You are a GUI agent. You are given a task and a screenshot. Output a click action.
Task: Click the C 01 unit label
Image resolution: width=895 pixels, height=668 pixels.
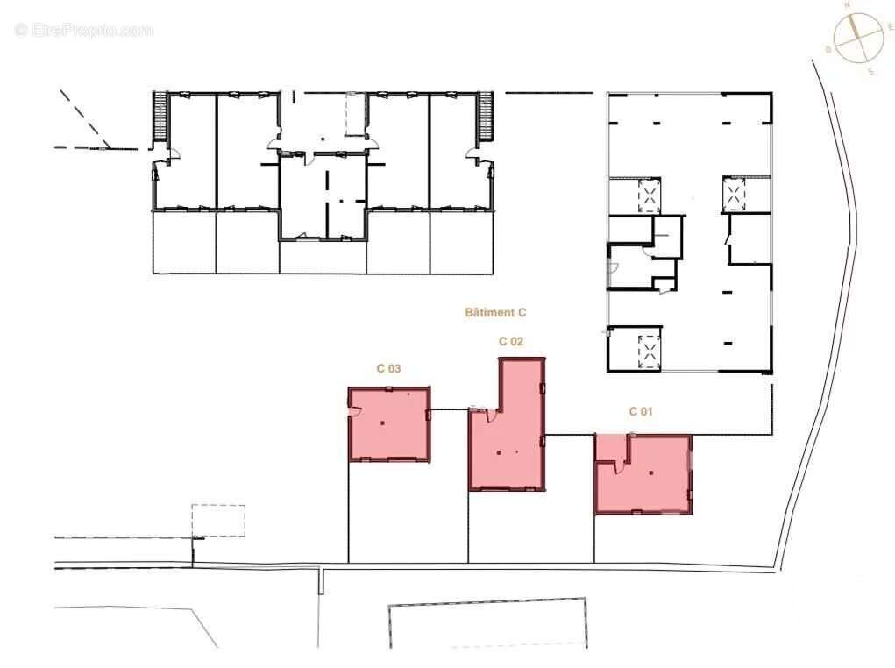tap(641, 411)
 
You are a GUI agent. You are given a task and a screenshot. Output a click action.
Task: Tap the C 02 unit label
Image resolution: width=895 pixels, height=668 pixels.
tap(511, 341)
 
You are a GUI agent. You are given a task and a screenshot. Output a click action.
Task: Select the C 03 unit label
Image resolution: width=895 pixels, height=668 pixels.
tap(388, 369)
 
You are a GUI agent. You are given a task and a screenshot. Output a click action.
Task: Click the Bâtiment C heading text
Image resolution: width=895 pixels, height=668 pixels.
tap(495, 312)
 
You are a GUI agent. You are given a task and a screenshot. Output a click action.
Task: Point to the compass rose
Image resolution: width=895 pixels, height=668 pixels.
tap(857, 38)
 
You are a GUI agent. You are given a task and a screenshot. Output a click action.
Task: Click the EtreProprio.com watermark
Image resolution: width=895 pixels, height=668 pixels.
tap(84, 30)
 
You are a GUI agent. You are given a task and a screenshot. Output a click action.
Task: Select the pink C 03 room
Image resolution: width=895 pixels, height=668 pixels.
tap(389, 424)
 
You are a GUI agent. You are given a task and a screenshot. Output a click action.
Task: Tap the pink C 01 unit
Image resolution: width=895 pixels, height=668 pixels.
tap(643, 474)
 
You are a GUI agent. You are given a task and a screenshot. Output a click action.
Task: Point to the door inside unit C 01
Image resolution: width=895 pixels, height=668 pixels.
tap(617, 465)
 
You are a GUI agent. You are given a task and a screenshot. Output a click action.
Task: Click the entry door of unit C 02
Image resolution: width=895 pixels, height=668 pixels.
tap(491, 415)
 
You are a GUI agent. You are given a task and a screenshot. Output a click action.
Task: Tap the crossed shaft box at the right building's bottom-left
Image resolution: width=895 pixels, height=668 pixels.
tap(649, 350)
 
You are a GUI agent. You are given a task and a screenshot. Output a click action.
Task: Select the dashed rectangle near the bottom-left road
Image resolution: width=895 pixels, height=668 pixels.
tap(218, 520)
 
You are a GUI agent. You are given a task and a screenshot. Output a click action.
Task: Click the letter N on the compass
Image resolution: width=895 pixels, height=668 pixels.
tap(847, 5)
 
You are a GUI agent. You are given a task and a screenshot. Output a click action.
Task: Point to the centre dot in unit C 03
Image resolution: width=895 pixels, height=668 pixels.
tap(382, 423)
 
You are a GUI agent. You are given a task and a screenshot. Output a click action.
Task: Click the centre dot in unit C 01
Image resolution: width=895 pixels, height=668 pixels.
tap(651, 473)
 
